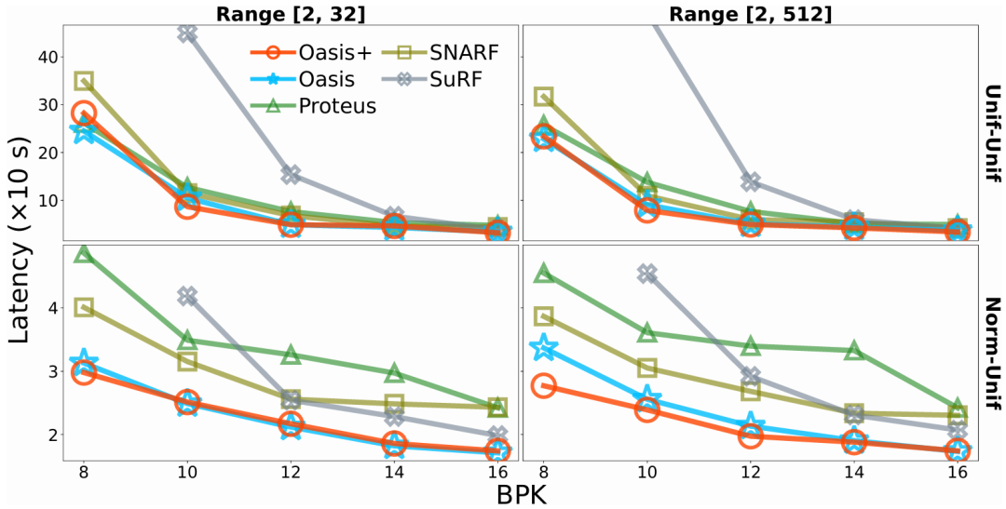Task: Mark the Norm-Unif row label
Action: (x=992, y=351)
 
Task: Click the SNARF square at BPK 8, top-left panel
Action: (x=83, y=81)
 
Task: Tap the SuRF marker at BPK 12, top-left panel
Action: (x=291, y=174)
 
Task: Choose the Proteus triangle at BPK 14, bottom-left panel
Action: (x=394, y=373)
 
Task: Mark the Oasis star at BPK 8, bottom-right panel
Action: (x=544, y=348)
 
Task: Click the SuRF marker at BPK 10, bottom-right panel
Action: (x=647, y=274)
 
